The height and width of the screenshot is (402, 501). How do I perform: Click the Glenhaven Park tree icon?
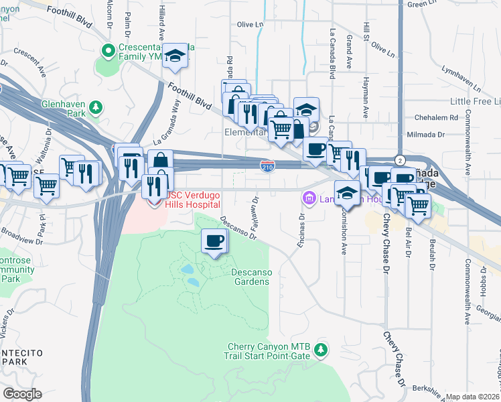tap(95, 107)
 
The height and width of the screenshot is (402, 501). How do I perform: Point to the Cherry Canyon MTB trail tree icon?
tap(321, 350)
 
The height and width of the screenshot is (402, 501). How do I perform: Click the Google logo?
tap(22, 394)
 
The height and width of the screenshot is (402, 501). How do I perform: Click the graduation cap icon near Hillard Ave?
tap(175, 56)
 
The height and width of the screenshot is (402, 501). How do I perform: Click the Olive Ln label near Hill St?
tap(383, 50)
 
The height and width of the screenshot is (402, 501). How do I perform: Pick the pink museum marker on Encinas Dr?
tap(309, 198)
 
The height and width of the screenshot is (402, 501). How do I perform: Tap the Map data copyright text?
tap(473, 397)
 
